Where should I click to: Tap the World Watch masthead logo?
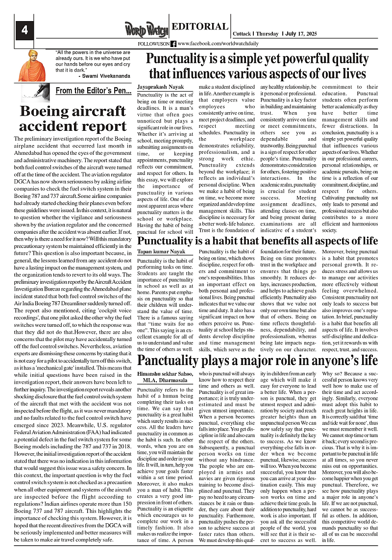tap(146, 29)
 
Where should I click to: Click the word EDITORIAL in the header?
tap(200, 27)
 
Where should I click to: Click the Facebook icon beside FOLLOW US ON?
tap(173, 44)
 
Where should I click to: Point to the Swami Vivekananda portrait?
tap(31, 65)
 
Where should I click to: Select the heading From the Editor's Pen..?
tap(93, 91)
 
